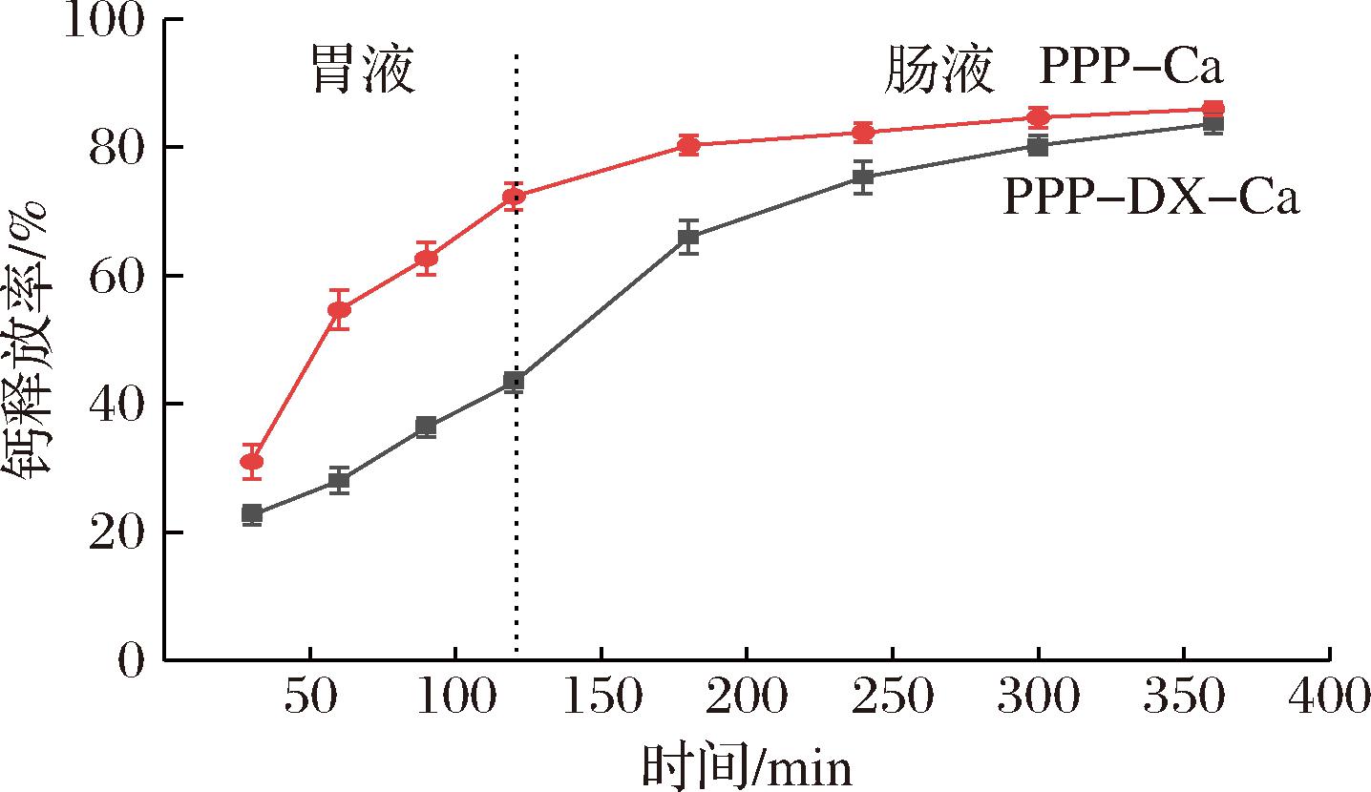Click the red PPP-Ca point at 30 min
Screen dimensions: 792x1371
pyautogui.click(x=252, y=463)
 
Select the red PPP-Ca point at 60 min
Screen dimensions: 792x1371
pyautogui.click(x=339, y=310)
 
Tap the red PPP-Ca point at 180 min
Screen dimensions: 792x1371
pyautogui.click(x=688, y=145)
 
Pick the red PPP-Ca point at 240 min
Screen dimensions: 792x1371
pyautogui.click(x=863, y=133)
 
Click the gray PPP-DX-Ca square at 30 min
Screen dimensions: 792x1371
pyautogui.click(x=252, y=514)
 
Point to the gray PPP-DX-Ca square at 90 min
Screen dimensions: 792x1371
pyautogui.click(x=426, y=427)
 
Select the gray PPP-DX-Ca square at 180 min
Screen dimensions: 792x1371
pyautogui.click(x=688, y=238)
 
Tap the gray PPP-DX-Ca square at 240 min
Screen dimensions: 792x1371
pyautogui.click(x=863, y=177)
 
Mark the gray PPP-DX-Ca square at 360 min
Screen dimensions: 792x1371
pyautogui.click(x=1213, y=124)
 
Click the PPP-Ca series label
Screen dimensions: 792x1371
pyautogui.click(x=1131, y=70)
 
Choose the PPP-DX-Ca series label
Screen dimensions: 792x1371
pyautogui.click(x=1150, y=198)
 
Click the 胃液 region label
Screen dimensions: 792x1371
pyautogui.click(x=365, y=72)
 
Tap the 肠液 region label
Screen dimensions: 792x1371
pyautogui.click(x=939, y=72)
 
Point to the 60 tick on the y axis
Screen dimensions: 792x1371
pyautogui.click(x=119, y=276)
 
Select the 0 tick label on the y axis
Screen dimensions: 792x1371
pyautogui.click(x=133, y=660)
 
